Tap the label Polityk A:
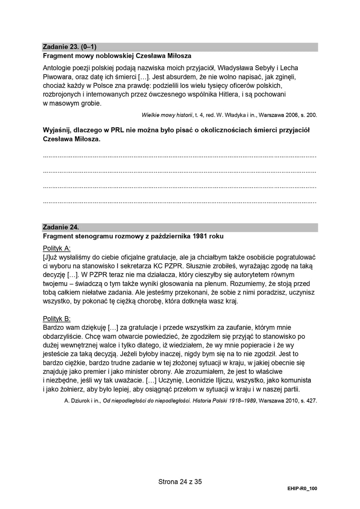tap(57, 248)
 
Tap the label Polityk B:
tap(57, 319)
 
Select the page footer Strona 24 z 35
tap(180, 482)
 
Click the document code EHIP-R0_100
tap(302, 488)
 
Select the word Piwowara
tap(57, 77)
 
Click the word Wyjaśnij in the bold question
tap(57, 130)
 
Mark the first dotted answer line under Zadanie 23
tap(180, 157)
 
